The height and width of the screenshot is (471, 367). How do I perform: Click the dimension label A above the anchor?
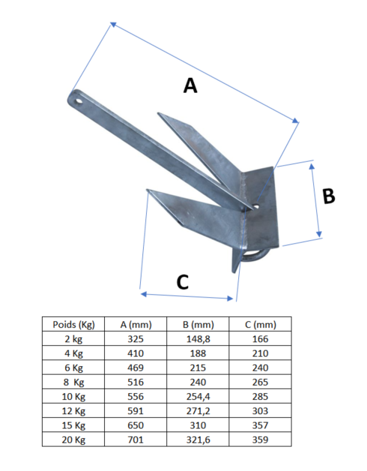click(x=190, y=86)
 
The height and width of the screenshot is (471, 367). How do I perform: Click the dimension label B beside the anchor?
click(x=328, y=196)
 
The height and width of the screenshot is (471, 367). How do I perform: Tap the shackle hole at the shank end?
click(x=78, y=97)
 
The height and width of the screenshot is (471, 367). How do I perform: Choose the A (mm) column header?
click(x=136, y=324)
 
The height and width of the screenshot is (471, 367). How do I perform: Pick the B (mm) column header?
click(x=198, y=324)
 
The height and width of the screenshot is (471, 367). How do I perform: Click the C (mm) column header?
click(x=260, y=324)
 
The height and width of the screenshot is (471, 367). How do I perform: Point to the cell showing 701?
click(x=136, y=440)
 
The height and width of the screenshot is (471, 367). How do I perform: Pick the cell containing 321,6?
click(x=198, y=440)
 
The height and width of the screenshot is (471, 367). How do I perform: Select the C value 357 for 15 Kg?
click(x=260, y=425)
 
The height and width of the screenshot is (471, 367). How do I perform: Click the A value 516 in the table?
click(x=136, y=382)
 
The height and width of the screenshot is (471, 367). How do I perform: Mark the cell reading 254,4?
click(x=198, y=396)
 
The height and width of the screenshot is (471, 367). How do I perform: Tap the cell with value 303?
click(x=260, y=411)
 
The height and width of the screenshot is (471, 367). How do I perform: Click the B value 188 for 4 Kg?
click(x=198, y=352)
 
